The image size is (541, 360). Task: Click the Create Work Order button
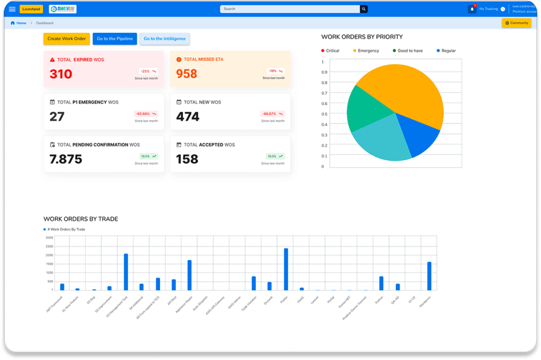[67, 39]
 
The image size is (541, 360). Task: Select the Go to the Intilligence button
[165, 39]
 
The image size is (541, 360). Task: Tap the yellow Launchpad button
[31, 9]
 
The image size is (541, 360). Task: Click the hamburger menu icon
[12, 9]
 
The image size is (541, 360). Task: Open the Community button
[516, 23]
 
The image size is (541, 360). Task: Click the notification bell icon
[472, 9]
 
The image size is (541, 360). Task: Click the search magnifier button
[363, 9]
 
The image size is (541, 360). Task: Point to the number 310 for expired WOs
[61, 74]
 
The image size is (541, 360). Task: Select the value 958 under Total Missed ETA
[186, 74]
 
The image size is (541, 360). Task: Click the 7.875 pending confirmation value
[66, 159]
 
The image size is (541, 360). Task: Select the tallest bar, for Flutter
[286, 269]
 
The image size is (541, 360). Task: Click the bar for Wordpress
[429, 276]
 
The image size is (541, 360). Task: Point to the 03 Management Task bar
[126, 272]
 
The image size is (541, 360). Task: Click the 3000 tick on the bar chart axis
[49, 238]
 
